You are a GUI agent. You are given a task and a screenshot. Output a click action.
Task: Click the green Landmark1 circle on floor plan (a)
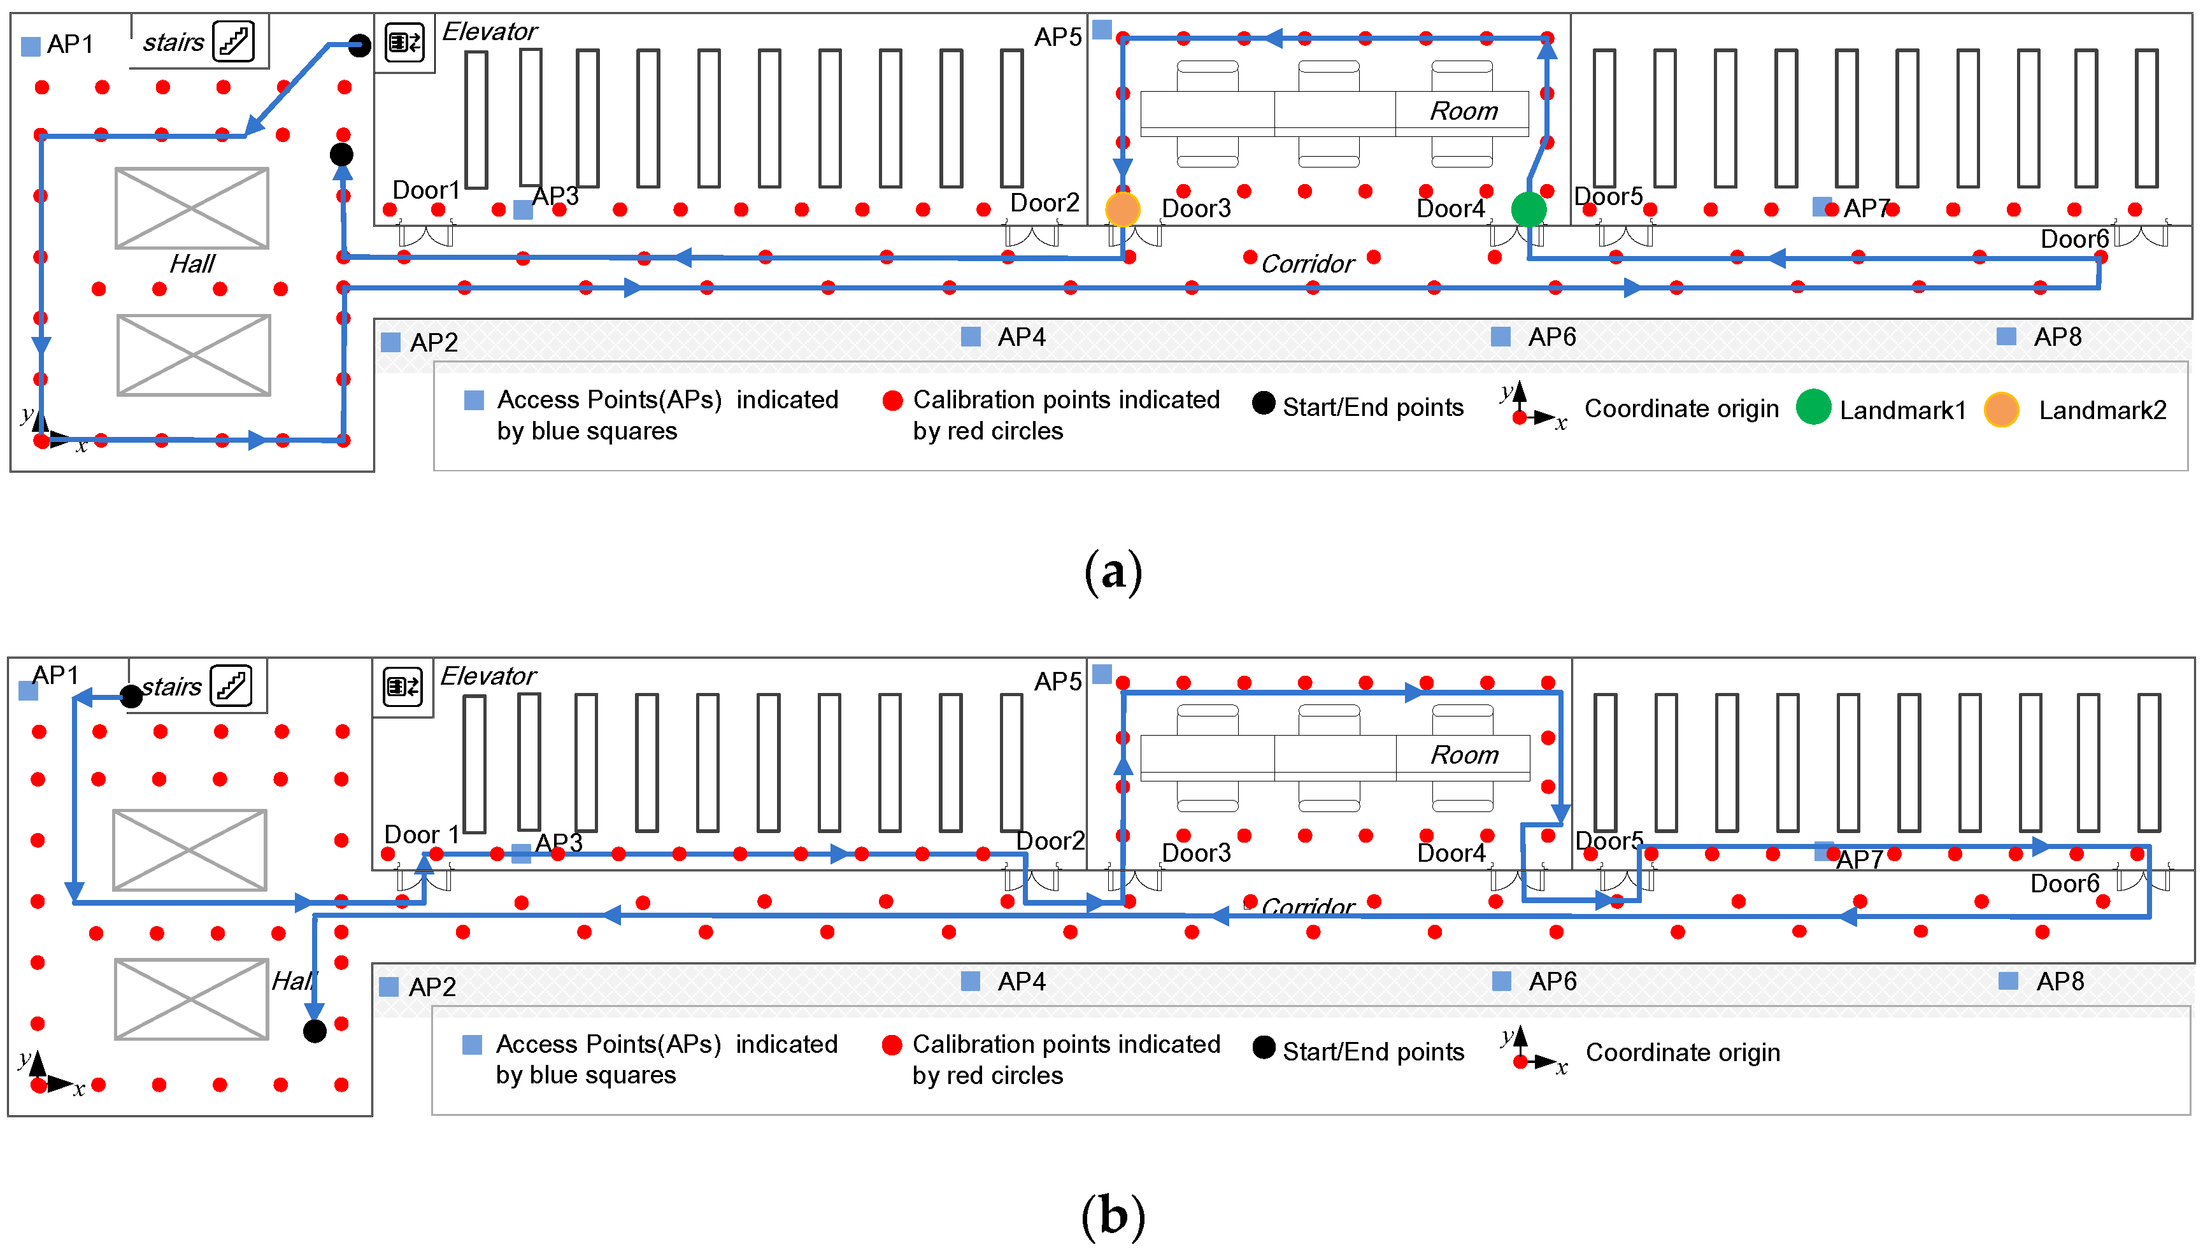coord(1529,209)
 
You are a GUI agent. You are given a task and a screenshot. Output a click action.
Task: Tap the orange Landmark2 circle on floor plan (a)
coord(1122,209)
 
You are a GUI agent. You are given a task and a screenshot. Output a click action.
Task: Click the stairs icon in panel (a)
coord(234,41)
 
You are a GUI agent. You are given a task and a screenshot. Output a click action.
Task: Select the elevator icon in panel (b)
coord(403,687)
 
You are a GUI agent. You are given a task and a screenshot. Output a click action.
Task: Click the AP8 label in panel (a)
coord(2057,338)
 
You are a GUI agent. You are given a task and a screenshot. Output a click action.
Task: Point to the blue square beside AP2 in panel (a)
coord(391,343)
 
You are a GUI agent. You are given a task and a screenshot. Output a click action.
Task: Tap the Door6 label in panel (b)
coord(2064,883)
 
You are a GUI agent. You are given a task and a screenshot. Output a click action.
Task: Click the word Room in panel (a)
coord(1463,111)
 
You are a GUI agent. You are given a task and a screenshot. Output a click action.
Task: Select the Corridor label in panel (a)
coord(1308,264)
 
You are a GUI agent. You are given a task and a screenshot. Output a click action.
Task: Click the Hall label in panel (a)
coord(192,264)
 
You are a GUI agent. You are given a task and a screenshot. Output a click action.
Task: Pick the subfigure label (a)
coord(1113,572)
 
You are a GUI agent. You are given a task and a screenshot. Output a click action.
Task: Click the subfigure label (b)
coord(1113,1215)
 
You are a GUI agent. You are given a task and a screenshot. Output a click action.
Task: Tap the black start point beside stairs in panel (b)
coord(131,696)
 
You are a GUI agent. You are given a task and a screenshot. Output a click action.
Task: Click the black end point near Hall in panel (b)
coord(315,1030)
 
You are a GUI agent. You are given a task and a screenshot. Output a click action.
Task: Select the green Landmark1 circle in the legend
coord(1813,407)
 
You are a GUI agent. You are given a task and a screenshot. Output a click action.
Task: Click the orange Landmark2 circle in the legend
coord(2000,409)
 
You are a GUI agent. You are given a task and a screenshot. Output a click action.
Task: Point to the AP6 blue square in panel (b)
coord(1502,981)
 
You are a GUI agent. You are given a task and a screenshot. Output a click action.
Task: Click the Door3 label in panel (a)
coord(1195,209)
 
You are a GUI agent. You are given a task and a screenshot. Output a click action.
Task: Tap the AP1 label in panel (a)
coord(70,44)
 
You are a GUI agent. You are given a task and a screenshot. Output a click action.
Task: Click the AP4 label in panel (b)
coord(1022,981)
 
